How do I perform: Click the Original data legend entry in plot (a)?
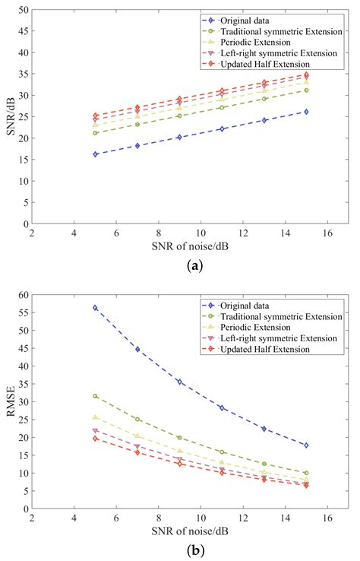(x=243, y=20)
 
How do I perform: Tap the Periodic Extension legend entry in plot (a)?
(x=251, y=41)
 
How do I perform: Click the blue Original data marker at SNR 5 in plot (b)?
(x=96, y=308)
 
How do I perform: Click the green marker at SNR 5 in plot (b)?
(x=96, y=396)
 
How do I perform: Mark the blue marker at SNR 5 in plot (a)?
(x=96, y=154)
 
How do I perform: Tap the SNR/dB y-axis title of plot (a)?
(x=10, y=117)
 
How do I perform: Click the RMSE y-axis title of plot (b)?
(x=10, y=401)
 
